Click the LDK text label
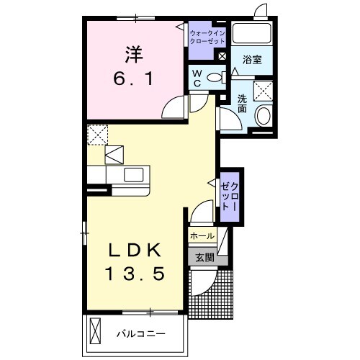point(135,251)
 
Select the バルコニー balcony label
point(143,333)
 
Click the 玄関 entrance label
point(203,256)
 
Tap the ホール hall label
point(202,236)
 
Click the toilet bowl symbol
point(214,77)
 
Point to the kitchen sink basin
point(135,175)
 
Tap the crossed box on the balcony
point(98,333)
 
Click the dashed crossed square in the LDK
point(96,135)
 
